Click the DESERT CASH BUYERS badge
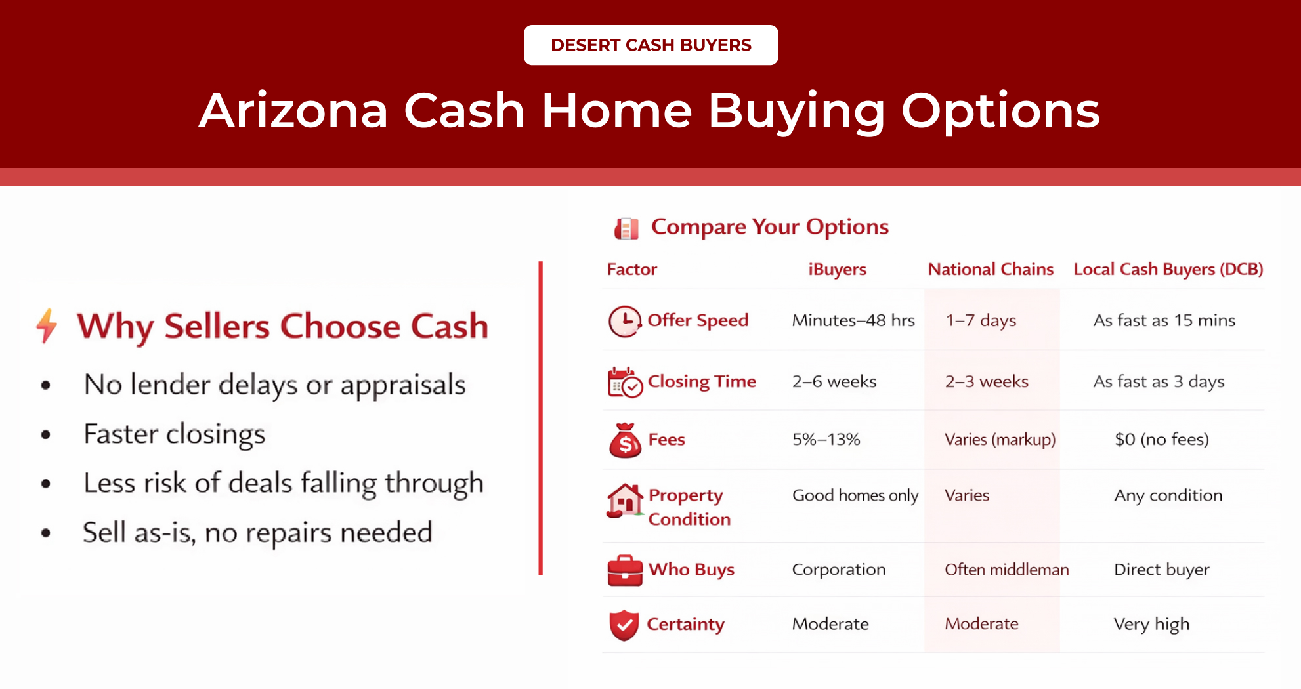pyautogui.click(x=650, y=45)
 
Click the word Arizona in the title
pyautogui.click(x=293, y=110)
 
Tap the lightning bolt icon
pyautogui.click(x=47, y=325)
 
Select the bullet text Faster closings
pyautogui.click(x=174, y=434)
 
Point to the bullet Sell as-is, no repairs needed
pyautogui.click(x=257, y=532)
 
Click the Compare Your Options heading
pyautogui.click(x=769, y=226)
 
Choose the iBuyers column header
pyautogui.click(x=837, y=269)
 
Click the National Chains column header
pyautogui.click(x=990, y=269)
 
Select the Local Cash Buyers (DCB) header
pyautogui.click(x=1168, y=269)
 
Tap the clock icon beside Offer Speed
pyautogui.click(x=624, y=321)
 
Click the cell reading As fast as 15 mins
pyautogui.click(x=1164, y=320)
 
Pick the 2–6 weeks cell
pyautogui.click(x=834, y=381)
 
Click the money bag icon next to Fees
pyautogui.click(x=625, y=440)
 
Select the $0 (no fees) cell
pyautogui.click(x=1161, y=439)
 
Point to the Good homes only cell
pyautogui.click(x=855, y=495)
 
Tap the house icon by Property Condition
pyautogui.click(x=624, y=501)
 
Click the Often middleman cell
pyautogui.click(x=1006, y=570)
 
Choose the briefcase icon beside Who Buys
pyautogui.click(x=624, y=570)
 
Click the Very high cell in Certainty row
pyautogui.click(x=1151, y=624)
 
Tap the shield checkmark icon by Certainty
pyautogui.click(x=624, y=625)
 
